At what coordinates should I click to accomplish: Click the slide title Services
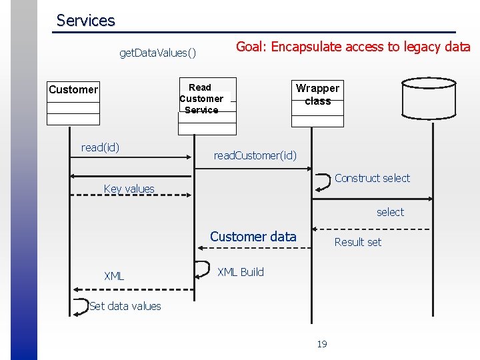85,21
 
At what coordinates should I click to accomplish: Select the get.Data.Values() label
157,53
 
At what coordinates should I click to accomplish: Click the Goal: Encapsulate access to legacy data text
353,47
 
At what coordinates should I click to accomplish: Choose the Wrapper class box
317,103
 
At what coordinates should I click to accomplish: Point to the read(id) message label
100,147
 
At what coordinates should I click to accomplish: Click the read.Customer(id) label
255,155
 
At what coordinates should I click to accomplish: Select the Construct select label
372,178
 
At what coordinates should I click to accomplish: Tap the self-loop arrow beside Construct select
323,181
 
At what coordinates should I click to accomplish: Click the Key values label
129,189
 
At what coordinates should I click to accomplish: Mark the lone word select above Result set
390,212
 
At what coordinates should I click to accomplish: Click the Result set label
357,242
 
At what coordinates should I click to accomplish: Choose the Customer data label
253,237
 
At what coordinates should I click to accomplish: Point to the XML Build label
241,272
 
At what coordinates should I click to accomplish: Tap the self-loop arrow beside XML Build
201,268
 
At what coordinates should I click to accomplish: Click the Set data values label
125,306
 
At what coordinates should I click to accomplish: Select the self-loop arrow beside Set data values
80,306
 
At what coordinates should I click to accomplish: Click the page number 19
322,344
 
